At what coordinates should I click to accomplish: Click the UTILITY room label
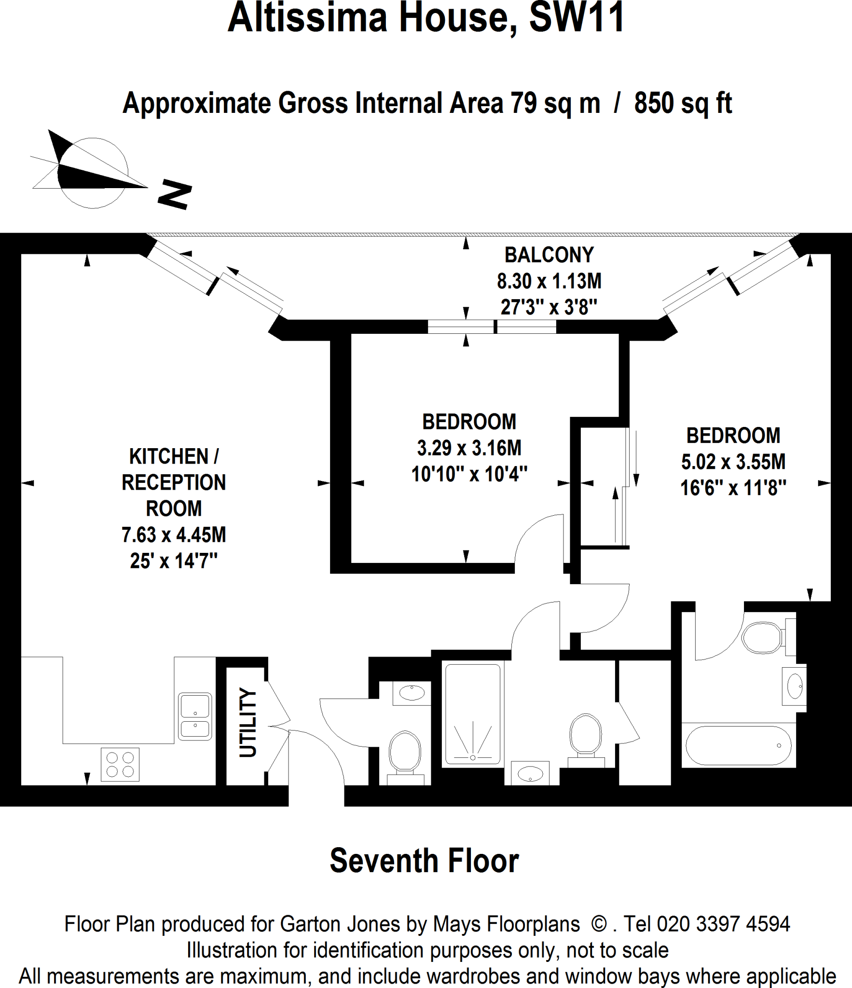(x=248, y=722)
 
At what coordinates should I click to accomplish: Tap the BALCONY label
(x=549, y=255)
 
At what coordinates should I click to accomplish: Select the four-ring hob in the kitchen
(x=120, y=765)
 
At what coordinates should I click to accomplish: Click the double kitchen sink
(x=195, y=716)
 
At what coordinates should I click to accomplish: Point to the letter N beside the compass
(x=175, y=194)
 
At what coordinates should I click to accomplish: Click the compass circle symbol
(x=93, y=173)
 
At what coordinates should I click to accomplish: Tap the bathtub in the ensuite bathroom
(x=739, y=745)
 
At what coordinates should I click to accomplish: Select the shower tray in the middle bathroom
(x=473, y=714)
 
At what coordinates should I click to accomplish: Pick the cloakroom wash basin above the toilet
(x=412, y=693)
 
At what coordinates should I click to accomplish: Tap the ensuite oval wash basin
(x=794, y=686)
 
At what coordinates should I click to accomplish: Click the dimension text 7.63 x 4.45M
(x=174, y=535)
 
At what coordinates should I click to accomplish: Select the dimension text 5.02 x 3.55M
(x=733, y=462)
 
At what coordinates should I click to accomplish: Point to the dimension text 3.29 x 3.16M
(x=469, y=448)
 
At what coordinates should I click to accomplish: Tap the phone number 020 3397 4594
(x=724, y=924)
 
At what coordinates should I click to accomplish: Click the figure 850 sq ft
(x=683, y=103)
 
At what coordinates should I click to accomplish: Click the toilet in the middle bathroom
(x=586, y=740)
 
